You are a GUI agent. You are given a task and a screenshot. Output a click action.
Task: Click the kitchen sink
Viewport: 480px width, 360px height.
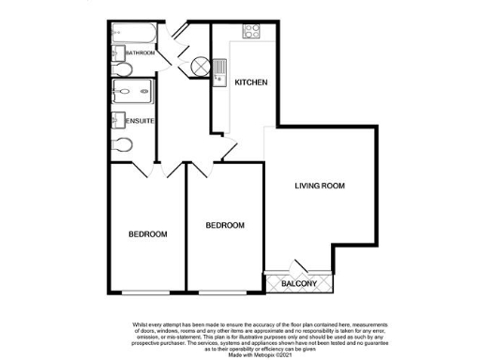pos(219,68)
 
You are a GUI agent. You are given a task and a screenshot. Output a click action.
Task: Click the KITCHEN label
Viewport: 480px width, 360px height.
pos(251,82)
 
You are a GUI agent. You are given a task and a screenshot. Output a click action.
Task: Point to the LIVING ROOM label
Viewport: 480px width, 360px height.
pos(320,186)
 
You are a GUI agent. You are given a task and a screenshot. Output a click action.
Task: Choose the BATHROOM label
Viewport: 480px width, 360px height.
pos(142,53)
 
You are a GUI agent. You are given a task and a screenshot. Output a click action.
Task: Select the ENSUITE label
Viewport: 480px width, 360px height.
pos(140,121)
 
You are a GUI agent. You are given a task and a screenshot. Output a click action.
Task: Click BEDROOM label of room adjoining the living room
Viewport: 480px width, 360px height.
pos(225,225)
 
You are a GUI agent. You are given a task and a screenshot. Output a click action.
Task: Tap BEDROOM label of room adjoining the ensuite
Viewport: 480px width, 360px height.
pos(147,233)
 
